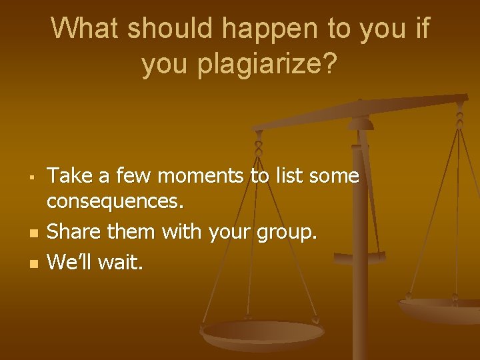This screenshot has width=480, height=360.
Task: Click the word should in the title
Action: [171, 29]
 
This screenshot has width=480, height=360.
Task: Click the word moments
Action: [189, 176]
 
